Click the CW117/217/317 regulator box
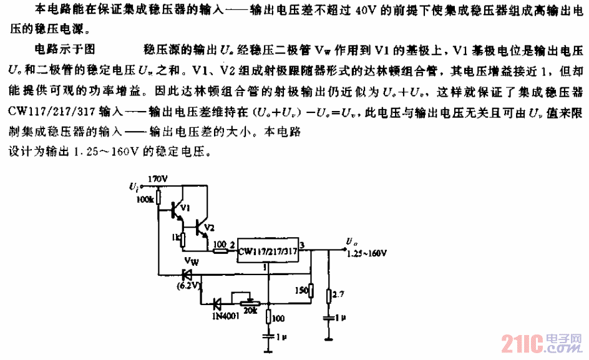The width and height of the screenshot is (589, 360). pos(266,251)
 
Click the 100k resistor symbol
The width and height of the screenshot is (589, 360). pos(158,198)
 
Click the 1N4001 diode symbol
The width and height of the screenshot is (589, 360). pos(217,304)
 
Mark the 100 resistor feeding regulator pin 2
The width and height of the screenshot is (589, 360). pos(220,251)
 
